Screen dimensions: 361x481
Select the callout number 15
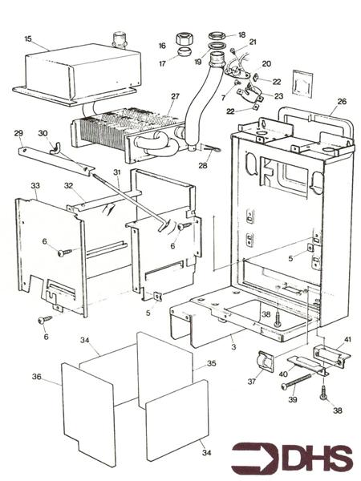tap(28, 39)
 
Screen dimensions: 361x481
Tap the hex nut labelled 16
tap(183, 39)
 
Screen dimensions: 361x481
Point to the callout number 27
tap(175, 96)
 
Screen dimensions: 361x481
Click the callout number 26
tap(342, 101)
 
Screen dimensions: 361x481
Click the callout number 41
tap(347, 339)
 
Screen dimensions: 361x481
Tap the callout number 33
tap(35, 186)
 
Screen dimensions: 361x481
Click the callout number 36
tap(37, 377)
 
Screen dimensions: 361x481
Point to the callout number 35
tap(211, 363)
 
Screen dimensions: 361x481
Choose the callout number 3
tap(234, 347)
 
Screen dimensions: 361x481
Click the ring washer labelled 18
tap(218, 35)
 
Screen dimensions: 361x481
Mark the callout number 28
tap(203, 165)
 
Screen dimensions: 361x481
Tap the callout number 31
tap(116, 172)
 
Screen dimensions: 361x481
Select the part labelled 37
tap(266, 362)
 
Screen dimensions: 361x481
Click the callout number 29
tap(18, 133)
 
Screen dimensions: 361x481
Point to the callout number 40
tap(283, 374)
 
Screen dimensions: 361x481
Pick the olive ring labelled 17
tap(184, 51)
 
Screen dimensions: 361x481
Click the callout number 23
tap(278, 96)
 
